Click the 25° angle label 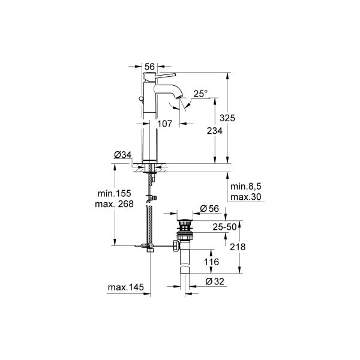pyautogui.click(x=200, y=94)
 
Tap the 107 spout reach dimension pyautogui.click(x=165, y=124)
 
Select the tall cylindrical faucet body pyautogui.click(x=150, y=132)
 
